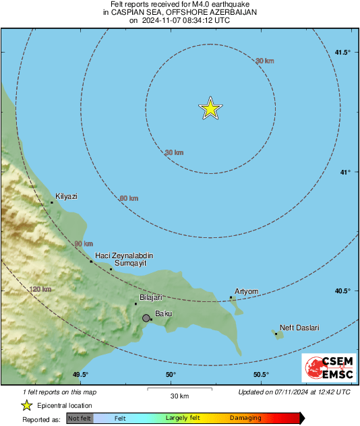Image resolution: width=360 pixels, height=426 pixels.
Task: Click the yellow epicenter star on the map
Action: (211, 109)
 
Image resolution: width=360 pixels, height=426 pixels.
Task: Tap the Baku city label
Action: (164, 313)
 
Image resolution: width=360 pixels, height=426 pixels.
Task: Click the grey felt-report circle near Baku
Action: (146, 317)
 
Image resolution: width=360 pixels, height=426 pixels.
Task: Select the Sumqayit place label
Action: (129, 264)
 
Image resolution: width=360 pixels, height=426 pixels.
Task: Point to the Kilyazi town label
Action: (66, 196)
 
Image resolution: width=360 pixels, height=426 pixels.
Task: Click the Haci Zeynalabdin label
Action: (124, 255)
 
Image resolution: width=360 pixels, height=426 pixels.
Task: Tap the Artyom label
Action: (246, 291)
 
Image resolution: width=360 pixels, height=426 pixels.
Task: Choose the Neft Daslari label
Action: (299, 328)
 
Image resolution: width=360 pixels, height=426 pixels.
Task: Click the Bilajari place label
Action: (151, 297)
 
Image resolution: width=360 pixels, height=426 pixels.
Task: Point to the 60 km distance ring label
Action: (129, 198)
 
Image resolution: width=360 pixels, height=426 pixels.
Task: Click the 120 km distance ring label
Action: (40, 289)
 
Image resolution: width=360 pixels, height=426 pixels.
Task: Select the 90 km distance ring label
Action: (84, 244)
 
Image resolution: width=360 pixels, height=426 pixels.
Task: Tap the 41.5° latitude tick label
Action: (342, 53)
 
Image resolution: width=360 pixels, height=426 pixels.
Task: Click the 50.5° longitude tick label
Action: (261, 375)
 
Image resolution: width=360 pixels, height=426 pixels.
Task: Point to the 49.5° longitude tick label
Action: (80, 375)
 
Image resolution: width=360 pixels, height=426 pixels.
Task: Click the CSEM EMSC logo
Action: (325, 368)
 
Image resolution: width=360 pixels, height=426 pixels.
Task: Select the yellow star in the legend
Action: (26, 405)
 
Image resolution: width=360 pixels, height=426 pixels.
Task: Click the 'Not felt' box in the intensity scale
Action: (79, 418)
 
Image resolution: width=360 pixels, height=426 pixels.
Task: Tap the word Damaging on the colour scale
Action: (245, 418)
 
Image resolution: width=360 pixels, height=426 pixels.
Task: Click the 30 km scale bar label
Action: (179, 395)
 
